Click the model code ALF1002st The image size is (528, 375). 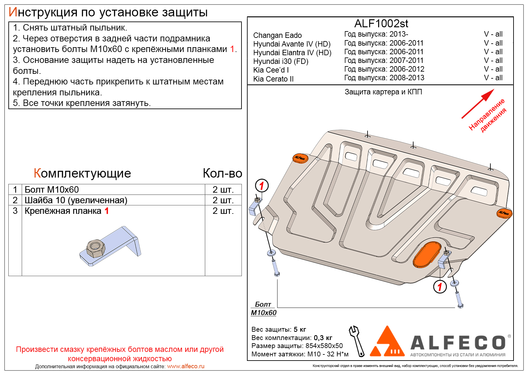click(x=381, y=23)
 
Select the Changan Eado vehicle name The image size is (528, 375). click(x=277, y=35)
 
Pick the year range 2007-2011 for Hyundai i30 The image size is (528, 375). click(x=406, y=60)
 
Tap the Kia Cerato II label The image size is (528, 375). click(x=273, y=79)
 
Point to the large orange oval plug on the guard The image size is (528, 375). click(x=427, y=255)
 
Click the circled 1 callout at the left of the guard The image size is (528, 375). click(x=261, y=186)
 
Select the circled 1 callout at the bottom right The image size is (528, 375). click(x=440, y=287)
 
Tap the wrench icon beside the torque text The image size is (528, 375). click(x=357, y=341)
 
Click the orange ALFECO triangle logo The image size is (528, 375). click(x=387, y=343)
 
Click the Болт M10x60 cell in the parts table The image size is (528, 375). click(x=51, y=189)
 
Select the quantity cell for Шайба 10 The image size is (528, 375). click(x=223, y=200)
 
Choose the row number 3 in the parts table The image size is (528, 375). click(x=15, y=211)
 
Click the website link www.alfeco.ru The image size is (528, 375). click(x=186, y=366)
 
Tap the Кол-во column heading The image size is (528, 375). click(x=222, y=173)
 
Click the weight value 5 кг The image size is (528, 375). click(x=300, y=329)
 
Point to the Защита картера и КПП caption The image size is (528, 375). click(x=383, y=92)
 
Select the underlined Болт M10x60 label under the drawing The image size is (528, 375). click(x=263, y=309)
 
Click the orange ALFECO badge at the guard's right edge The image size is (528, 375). click(x=504, y=213)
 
